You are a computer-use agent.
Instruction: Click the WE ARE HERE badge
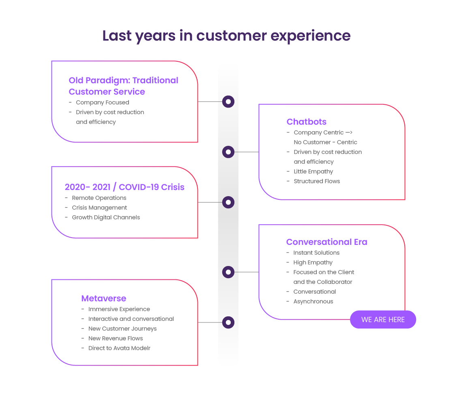(383, 319)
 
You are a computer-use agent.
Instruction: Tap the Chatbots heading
(306, 122)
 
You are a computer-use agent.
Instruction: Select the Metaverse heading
(104, 298)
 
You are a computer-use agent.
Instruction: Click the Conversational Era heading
(327, 242)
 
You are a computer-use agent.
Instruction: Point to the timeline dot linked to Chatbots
(228, 152)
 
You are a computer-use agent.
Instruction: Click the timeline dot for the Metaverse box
(228, 322)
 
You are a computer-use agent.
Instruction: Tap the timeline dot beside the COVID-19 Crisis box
(228, 202)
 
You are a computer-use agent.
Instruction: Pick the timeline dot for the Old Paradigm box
(228, 102)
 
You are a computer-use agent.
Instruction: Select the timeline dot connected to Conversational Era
(228, 272)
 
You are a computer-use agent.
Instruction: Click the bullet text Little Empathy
(313, 171)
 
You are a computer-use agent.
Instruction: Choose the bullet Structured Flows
(317, 181)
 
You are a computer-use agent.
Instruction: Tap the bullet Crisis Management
(99, 208)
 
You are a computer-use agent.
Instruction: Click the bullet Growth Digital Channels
(106, 218)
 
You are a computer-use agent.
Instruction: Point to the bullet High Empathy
(313, 262)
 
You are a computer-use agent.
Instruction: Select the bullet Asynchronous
(313, 301)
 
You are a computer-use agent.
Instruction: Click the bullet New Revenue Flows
(116, 338)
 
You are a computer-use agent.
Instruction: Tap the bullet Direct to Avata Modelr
(119, 348)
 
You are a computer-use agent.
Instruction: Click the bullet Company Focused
(103, 102)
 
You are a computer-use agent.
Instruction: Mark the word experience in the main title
(311, 36)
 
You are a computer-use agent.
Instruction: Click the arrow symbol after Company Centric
(349, 132)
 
